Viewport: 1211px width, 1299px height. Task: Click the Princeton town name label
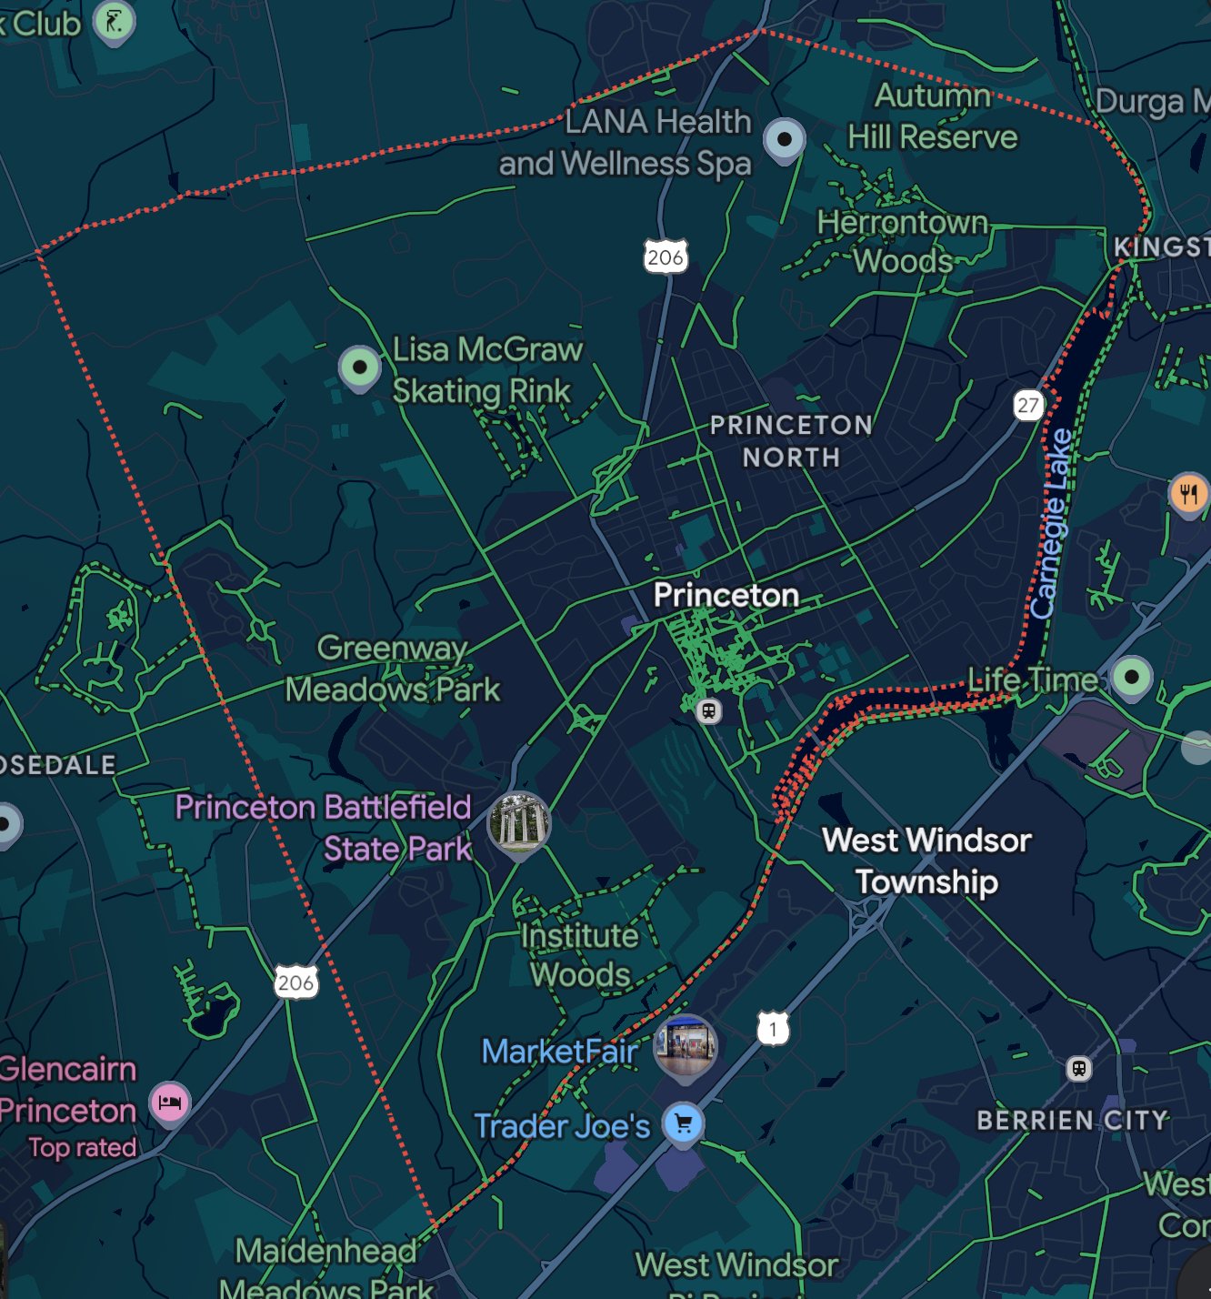click(726, 595)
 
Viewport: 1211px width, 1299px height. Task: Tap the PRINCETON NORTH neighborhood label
click(791, 441)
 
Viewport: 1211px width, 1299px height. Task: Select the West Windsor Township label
click(926, 861)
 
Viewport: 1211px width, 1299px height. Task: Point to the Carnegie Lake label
click(1050, 523)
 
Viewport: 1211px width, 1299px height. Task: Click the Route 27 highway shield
click(1027, 405)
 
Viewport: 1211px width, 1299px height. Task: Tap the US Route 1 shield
click(773, 1029)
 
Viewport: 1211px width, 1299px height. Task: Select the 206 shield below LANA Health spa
click(666, 257)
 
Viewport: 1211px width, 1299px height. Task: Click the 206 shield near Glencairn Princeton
click(295, 982)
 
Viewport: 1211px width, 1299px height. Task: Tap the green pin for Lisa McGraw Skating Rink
click(359, 367)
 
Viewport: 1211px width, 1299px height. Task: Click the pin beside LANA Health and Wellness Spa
click(784, 139)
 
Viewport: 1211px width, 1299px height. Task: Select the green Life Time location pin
click(1131, 677)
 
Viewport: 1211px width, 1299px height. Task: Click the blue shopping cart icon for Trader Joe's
click(683, 1123)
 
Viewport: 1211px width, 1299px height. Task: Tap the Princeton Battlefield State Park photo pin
click(518, 822)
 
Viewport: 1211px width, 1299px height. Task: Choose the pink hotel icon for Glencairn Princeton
click(170, 1103)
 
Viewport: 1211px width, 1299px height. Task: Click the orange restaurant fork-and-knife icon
click(1188, 494)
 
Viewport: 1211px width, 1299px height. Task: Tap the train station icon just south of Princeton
click(709, 710)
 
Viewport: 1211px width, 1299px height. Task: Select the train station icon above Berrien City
click(1078, 1068)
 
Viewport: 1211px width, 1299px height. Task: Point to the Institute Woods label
click(580, 955)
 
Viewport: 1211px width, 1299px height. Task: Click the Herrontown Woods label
click(902, 241)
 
